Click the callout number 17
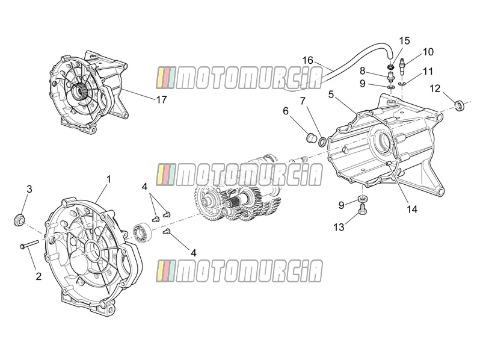pyautogui.click(x=162, y=99)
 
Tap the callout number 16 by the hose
pyautogui.click(x=308, y=60)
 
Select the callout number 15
pyautogui.click(x=404, y=41)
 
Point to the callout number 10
pyautogui.click(x=428, y=52)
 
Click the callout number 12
pyautogui.click(x=435, y=88)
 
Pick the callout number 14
pyautogui.click(x=412, y=209)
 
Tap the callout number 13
pyautogui.click(x=339, y=228)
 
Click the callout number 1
pyautogui.click(x=108, y=179)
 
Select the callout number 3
pyautogui.click(x=29, y=189)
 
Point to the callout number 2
pyautogui.click(x=38, y=276)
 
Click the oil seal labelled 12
pyautogui.click(x=459, y=105)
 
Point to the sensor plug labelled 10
pyautogui.click(x=404, y=66)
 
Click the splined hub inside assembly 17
pyautogui.click(x=81, y=90)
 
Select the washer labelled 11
pyautogui.click(x=402, y=83)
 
